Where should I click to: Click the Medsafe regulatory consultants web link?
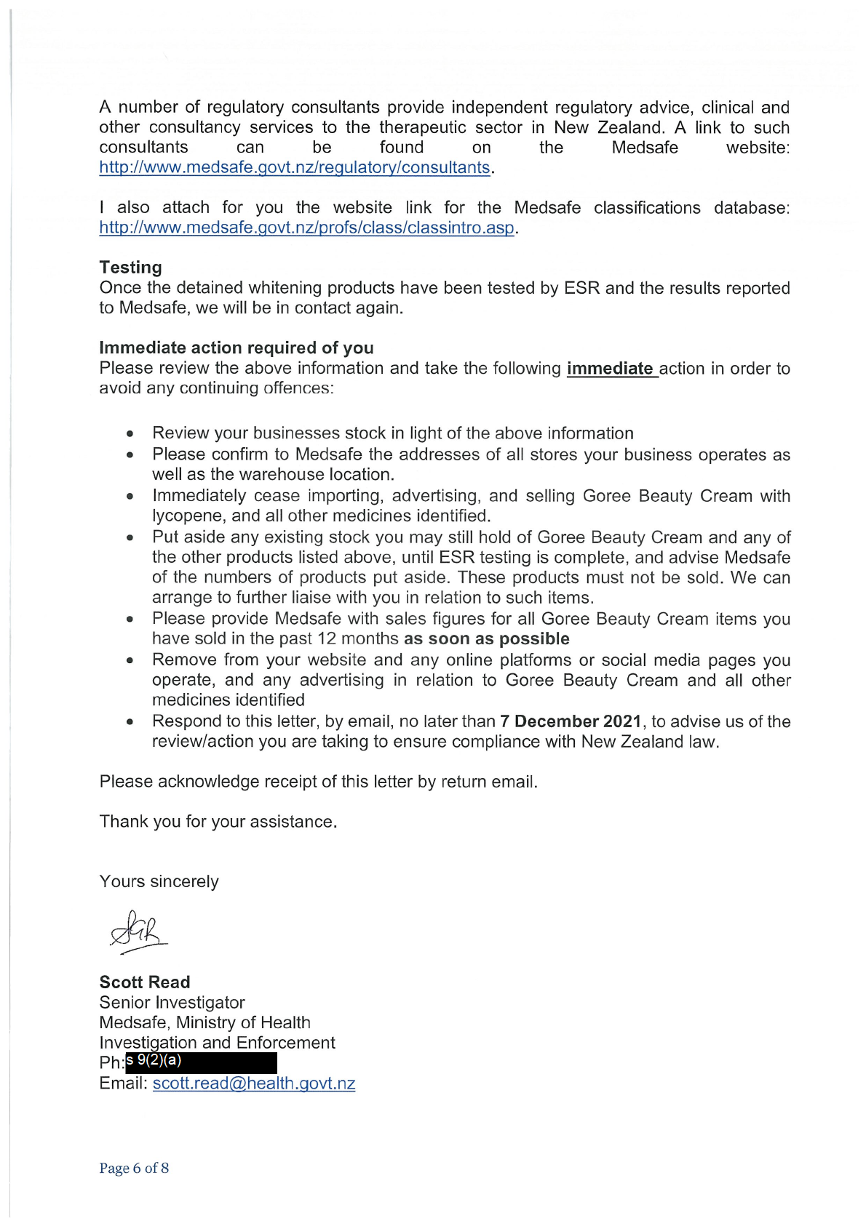point(295,167)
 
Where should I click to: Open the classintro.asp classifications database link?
point(306,228)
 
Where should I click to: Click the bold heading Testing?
point(131,268)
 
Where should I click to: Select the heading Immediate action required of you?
point(237,348)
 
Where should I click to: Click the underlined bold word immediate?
point(610,369)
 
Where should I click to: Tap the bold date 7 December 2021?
point(571,721)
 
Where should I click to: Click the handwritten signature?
point(138,931)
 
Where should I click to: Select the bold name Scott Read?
point(145,982)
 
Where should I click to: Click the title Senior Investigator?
point(172,1003)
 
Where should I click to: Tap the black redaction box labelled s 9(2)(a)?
point(202,1062)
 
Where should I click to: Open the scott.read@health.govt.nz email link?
point(254,1083)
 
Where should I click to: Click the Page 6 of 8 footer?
point(135,1168)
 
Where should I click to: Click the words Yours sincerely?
point(159,881)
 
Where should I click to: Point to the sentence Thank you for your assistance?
point(218,822)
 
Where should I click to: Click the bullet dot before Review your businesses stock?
point(130,434)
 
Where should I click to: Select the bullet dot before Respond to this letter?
point(130,722)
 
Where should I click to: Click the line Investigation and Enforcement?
point(218,1043)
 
